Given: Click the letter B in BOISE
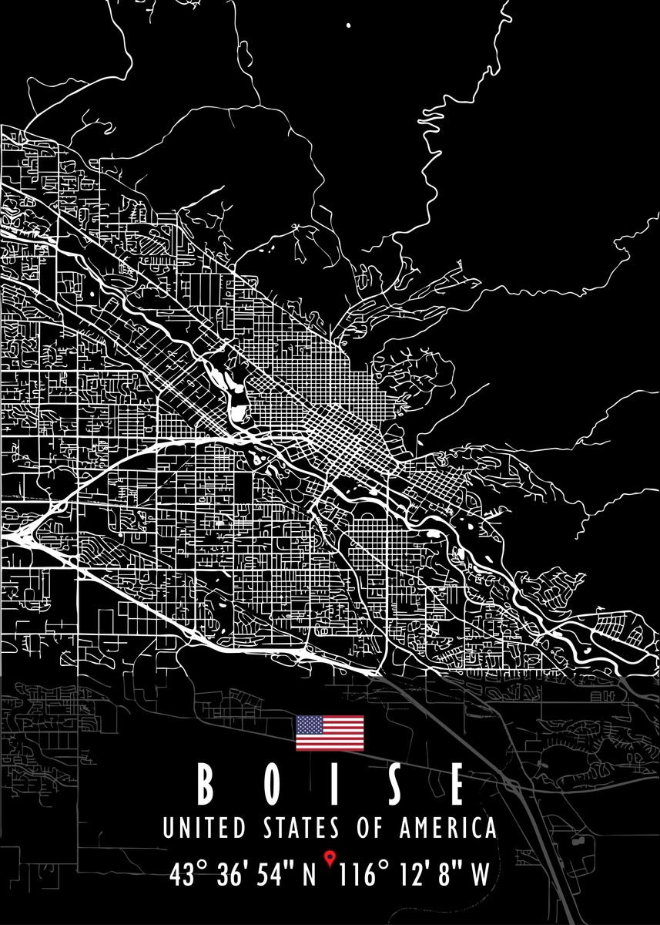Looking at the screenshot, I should (x=205, y=785).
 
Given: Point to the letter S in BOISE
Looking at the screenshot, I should (x=393, y=785).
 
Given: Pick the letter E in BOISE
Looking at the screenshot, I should (x=457, y=785).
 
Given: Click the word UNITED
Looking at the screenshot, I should (x=204, y=829).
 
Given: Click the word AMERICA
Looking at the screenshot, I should (x=447, y=829).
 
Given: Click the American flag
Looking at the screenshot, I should (x=330, y=732).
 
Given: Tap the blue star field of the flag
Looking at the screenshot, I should (x=310, y=725).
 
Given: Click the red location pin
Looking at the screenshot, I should (x=330, y=856).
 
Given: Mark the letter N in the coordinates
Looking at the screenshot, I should (x=308, y=875).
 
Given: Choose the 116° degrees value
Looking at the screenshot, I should (x=369, y=875).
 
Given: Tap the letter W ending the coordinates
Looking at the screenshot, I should (x=480, y=875).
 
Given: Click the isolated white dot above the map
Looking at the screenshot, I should (x=349, y=25).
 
